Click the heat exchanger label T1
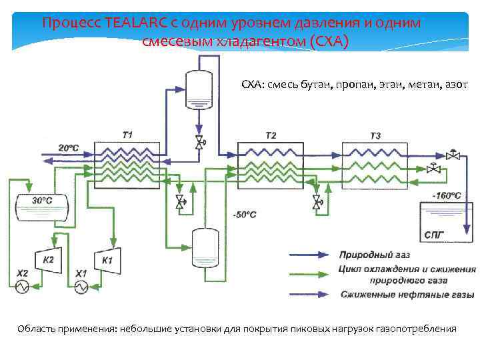click(127, 135)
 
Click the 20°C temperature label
click(69, 147)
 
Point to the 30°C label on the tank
click(42, 200)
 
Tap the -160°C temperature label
click(446, 195)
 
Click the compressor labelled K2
click(49, 260)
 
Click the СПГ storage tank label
click(433, 235)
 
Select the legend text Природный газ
click(374, 255)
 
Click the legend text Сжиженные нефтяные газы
click(407, 294)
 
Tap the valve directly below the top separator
click(199, 142)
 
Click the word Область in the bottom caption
click(36, 329)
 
